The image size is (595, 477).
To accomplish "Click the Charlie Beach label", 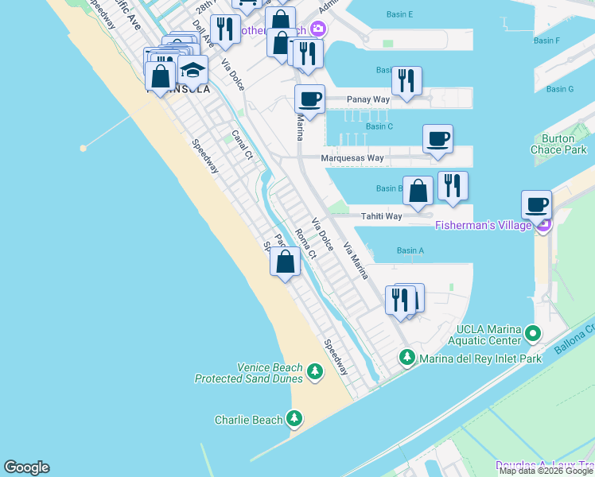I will click(249, 420).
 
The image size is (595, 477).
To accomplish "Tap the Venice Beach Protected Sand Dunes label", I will click(249, 373).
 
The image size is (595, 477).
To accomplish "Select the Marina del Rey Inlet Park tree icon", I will click(408, 359).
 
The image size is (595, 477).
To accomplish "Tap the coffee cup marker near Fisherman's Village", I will click(537, 206).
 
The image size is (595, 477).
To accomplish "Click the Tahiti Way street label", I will click(382, 215).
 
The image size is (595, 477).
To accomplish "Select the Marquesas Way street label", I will click(352, 158).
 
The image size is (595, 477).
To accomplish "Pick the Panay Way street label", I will click(368, 99).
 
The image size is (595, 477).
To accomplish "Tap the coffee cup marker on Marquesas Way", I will click(437, 139).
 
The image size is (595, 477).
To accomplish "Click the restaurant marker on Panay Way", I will click(406, 81).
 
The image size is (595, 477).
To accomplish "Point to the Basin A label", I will click(410, 251).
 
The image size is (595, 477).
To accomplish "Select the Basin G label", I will click(560, 89).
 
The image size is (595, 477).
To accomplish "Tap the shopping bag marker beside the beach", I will click(286, 262).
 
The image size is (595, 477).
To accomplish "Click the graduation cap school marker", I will click(192, 71).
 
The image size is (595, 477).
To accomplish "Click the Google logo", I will click(26, 467).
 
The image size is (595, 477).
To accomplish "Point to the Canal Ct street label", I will click(241, 144).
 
